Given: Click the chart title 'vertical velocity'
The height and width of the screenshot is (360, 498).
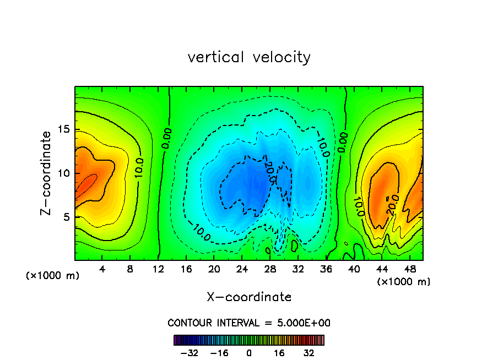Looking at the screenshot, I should tap(249, 57).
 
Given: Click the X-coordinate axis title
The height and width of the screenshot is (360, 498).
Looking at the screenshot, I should tap(249, 297).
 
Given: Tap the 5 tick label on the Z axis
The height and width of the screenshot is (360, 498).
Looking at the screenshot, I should tap(66, 217).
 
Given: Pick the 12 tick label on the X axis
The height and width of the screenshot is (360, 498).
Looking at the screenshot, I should tap(158, 269).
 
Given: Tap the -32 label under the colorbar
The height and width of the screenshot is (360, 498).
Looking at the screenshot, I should tap(190, 353).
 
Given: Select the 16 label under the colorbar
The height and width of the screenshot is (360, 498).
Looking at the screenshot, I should tap(279, 353).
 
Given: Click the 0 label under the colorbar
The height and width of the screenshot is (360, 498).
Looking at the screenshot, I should tap(249, 353).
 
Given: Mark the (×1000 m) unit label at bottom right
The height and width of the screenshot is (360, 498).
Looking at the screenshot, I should tap(404, 282).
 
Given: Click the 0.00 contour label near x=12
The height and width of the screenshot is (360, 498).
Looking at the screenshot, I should tap(166, 138).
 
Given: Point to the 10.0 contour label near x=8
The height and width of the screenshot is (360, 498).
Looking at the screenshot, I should tap(139, 167).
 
